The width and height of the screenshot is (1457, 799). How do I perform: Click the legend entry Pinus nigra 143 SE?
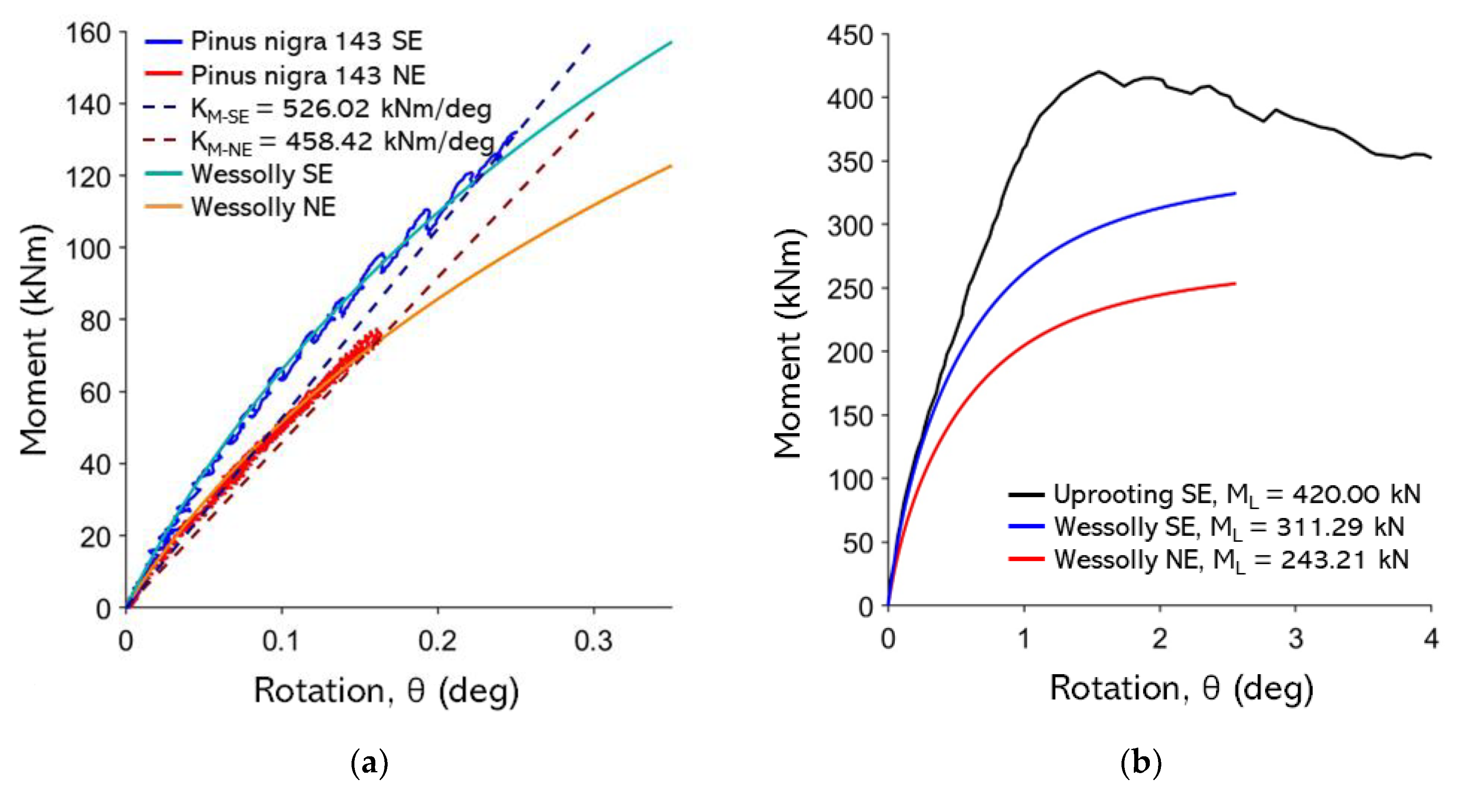pyautogui.click(x=306, y=41)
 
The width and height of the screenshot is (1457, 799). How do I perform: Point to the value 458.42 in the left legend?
pyautogui.click(x=329, y=141)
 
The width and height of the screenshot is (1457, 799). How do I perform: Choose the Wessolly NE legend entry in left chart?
pyautogui.click(x=263, y=207)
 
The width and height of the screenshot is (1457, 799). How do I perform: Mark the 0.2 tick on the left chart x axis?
pyautogui.click(x=437, y=641)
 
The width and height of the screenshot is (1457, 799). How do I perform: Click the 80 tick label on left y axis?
pyautogui.click(x=95, y=320)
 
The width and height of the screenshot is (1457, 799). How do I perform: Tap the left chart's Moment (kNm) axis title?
pyautogui.click(x=34, y=339)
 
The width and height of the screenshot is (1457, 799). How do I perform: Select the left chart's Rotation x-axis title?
pyautogui.click(x=386, y=691)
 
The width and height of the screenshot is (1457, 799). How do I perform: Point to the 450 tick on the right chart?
pyautogui.click(x=850, y=36)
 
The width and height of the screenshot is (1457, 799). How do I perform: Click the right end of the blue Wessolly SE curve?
pyautogui.click(x=1235, y=193)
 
